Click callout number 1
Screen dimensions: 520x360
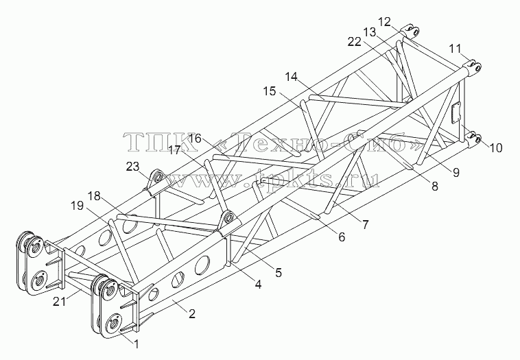pyautogui.click(x=136, y=345)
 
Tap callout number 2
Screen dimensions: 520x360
pyautogui.click(x=191, y=313)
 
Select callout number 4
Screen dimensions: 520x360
pyautogui.click(x=258, y=284)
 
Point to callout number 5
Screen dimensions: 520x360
pyautogui.click(x=279, y=272)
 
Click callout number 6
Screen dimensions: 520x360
pyautogui.click(x=342, y=237)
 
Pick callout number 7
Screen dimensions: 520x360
pyautogui.click(x=365, y=225)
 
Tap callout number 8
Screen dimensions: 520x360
pyautogui.click(x=434, y=186)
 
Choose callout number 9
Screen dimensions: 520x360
pyautogui.click(x=456, y=172)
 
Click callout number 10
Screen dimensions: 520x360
pyautogui.click(x=496, y=148)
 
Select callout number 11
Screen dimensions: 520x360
pyautogui.click(x=456, y=49)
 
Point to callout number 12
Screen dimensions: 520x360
pyautogui.click(x=385, y=22)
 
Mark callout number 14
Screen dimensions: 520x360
pyautogui.click(x=292, y=77)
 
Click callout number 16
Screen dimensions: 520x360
pyautogui.click(x=196, y=139)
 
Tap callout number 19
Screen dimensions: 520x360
pyautogui.click(x=77, y=206)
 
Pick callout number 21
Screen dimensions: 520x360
pyautogui.click(x=60, y=302)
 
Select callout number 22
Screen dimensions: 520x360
pyautogui.click(x=354, y=42)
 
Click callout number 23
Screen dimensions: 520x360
pyautogui.click(x=132, y=167)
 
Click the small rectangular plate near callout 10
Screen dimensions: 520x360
pyautogui.click(x=457, y=112)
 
